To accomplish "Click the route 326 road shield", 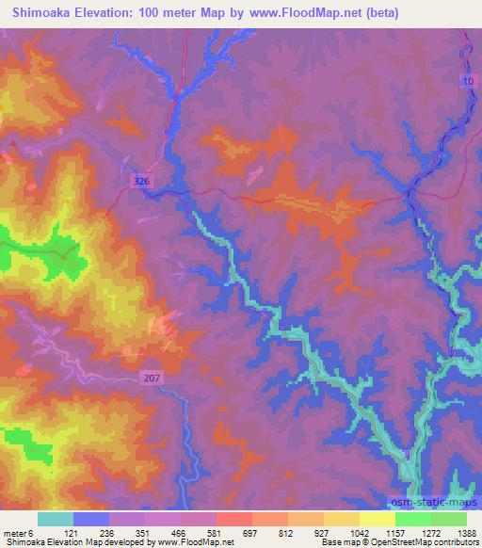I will pyautogui.click(x=140, y=179).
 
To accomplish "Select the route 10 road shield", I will pyautogui.click(x=468, y=83).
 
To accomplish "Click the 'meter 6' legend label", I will pyautogui.click(x=18, y=532).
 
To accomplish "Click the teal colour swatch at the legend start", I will pyautogui.click(x=56, y=519).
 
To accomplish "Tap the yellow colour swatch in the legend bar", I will pyautogui.click(x=378, y=519).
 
